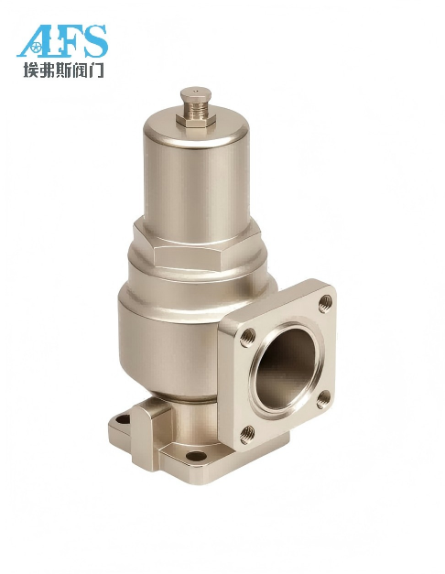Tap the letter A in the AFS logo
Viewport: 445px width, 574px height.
[35, 41]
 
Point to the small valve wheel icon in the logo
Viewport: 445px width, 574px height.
[35, 48]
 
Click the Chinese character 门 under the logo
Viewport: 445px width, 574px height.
[96, 70]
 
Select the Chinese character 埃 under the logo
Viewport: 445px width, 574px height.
[31, 70]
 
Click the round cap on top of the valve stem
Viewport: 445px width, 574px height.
[196, 94]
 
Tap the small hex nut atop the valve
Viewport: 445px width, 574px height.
[196, 120]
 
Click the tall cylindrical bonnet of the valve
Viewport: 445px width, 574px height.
[196, 176]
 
